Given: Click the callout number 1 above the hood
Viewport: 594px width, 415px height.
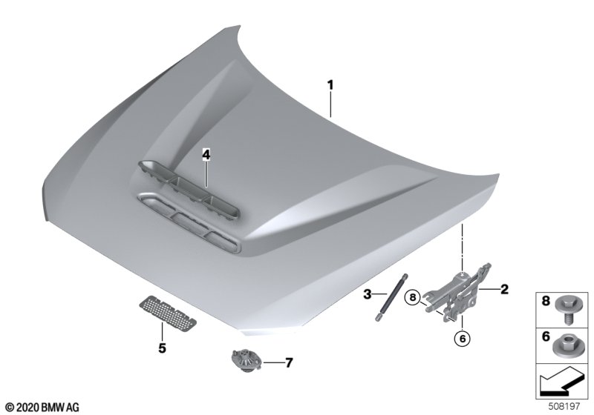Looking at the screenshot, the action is point(330,85).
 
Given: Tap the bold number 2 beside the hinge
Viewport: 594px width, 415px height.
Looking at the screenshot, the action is point(504,290).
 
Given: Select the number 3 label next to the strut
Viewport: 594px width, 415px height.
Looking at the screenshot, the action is point(367,294).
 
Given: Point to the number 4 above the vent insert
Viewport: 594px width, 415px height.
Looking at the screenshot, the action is point(206,154).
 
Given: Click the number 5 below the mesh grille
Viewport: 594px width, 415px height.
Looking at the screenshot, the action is point(162,348).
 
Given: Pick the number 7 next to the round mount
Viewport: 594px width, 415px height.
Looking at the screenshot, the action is point(289,363).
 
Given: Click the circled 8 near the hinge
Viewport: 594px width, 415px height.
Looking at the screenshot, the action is point(413,297).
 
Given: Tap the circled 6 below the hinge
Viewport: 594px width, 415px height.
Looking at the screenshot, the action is point(462,339).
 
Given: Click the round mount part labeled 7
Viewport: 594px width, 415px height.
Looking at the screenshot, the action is point(246,361).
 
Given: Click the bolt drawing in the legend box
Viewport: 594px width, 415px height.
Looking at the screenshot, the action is point(566,308).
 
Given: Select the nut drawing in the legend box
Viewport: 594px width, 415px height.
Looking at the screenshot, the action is point(566,346).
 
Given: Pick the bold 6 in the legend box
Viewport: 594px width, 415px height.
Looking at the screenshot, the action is point(546,336).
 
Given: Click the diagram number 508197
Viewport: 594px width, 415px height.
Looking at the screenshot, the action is point(564,406).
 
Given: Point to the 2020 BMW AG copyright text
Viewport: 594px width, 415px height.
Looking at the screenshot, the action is point(43,407).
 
